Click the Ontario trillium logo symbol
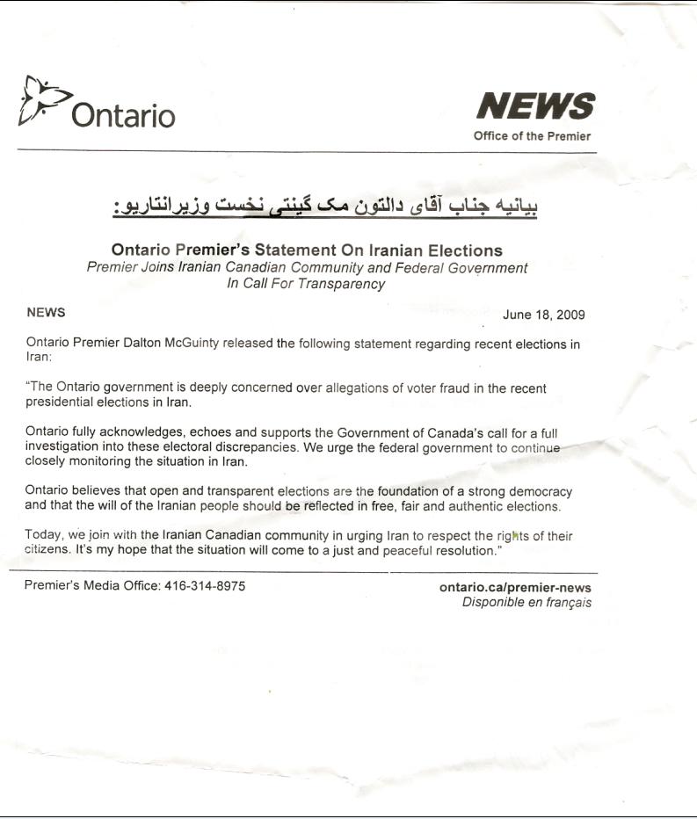click(x=40, y=101)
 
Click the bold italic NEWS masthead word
click(x=534, y=107)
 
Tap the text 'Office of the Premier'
click(x=532, y=136)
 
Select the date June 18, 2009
click(x=544, y=315)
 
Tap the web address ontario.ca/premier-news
click(x=515, y=588)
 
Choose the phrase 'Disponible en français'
click(x=526, y=603)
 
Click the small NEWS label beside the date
click(x=46, y=312)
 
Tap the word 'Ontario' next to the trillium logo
click(x=123, y=115)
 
